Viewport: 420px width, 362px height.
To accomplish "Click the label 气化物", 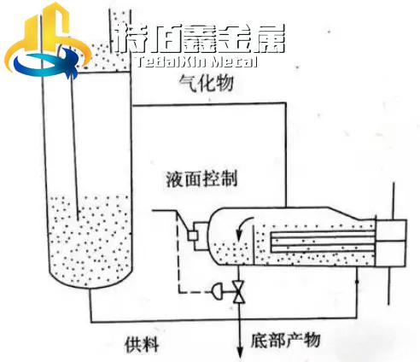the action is click(x=206, y=83).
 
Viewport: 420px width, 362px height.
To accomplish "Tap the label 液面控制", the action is click(x=201, y=179).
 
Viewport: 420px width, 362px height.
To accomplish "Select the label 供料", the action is click(x=142, y=344).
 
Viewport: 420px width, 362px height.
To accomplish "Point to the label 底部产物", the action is click(x=285, y=340).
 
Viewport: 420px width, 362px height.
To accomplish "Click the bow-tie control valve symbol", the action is click(x=239, y=292).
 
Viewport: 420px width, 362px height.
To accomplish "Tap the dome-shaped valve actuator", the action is click(x=218, y=292).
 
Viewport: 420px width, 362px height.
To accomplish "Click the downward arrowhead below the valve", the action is click(x=240, y=353).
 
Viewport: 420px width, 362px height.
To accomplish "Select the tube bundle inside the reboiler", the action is click(x=324, y=242).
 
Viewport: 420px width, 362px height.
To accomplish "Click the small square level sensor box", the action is click(x=193, y=236).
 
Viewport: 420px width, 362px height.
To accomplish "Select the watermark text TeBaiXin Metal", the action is click(x=196, y=61).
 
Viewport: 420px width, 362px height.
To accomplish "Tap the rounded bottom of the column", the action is click(x=90, y=279).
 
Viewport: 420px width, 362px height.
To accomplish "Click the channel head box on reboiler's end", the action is click(x=391, y=243).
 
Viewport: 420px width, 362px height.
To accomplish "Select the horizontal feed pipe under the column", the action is click(x=224, y=321).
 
